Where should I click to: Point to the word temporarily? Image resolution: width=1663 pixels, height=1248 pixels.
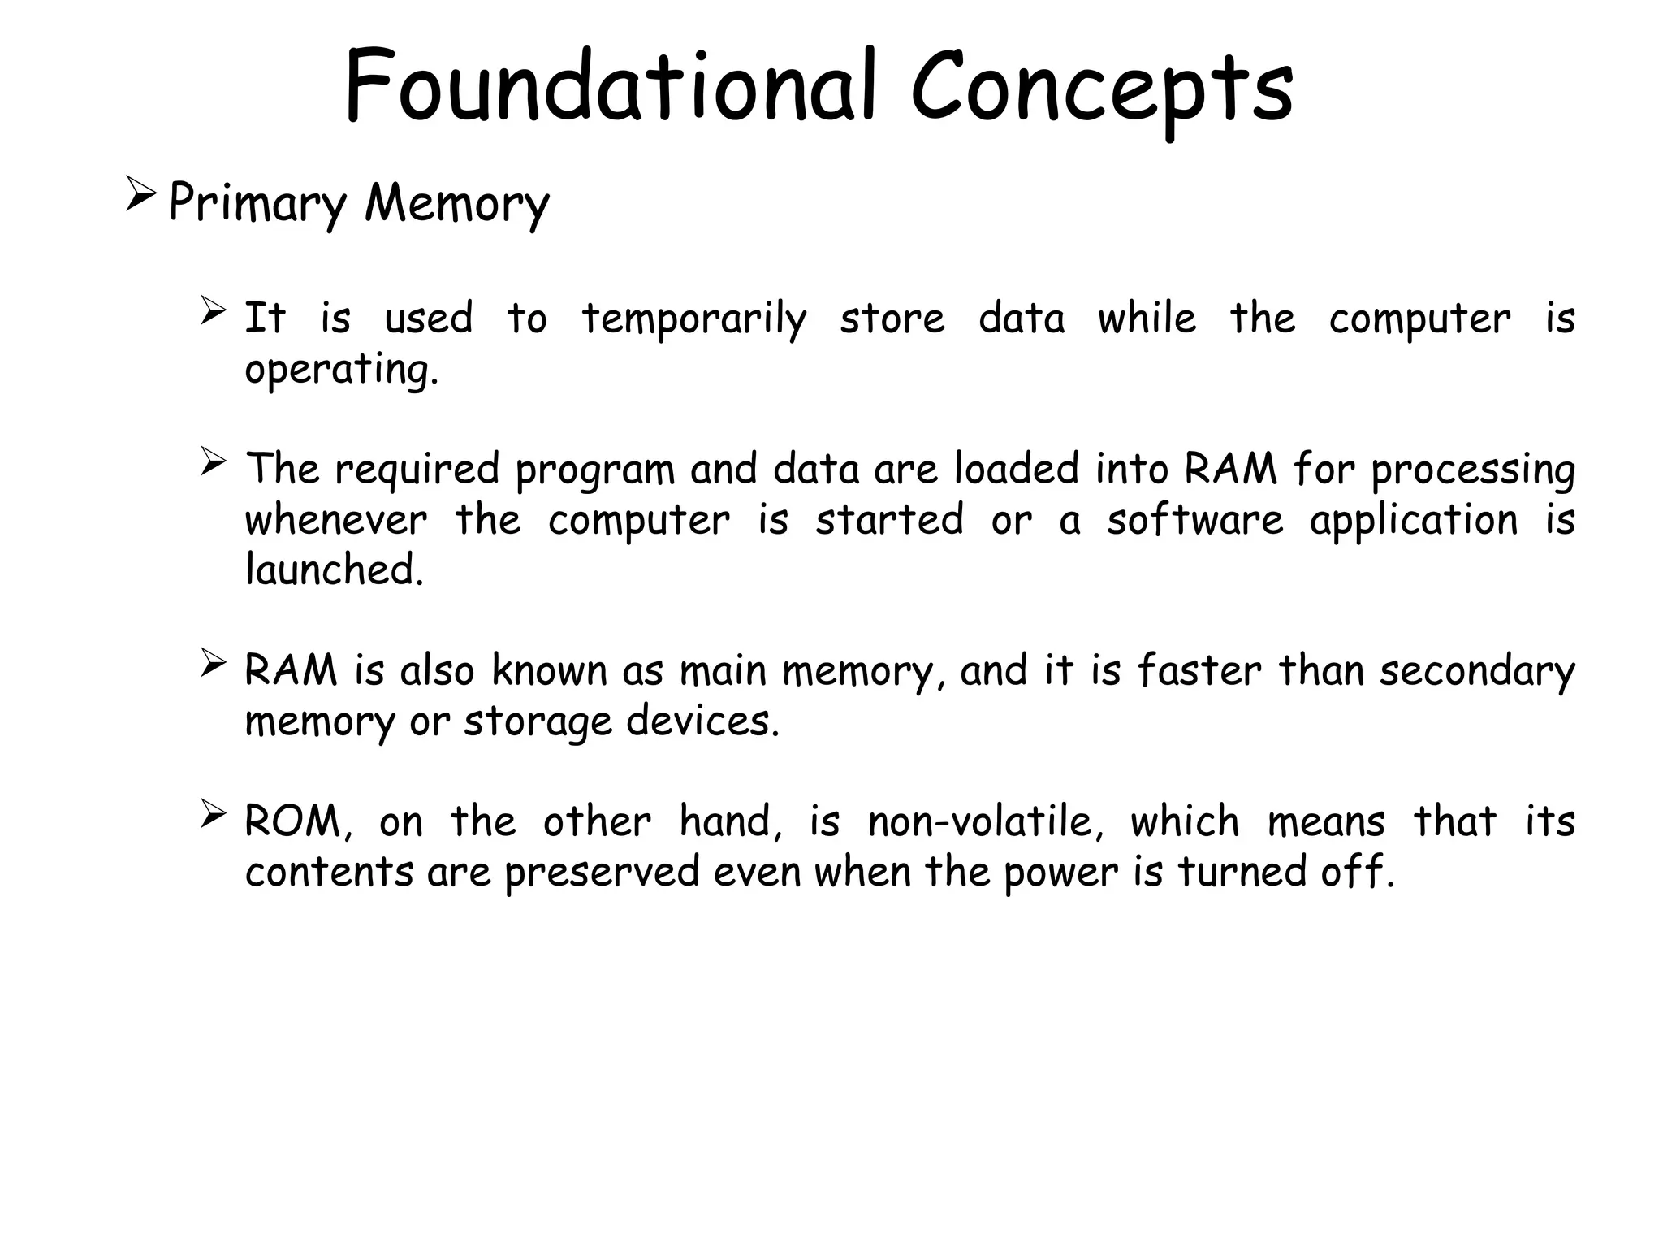click(x=694, y=319)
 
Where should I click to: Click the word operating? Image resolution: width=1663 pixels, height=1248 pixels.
click(x=341, y=370)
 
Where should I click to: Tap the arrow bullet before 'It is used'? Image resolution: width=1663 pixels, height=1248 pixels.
click(x=213, y=311)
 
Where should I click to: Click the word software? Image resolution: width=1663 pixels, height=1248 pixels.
click(x=1194, y=520)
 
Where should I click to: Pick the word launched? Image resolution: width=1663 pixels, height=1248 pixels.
click(x=335, y=570)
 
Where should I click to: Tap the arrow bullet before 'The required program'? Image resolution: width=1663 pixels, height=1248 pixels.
click(x=213, y=462)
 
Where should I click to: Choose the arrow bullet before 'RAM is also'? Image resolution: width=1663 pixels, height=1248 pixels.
click(x=213, y=664)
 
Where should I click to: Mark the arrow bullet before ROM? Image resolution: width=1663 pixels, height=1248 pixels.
click(x=213, y=814)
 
